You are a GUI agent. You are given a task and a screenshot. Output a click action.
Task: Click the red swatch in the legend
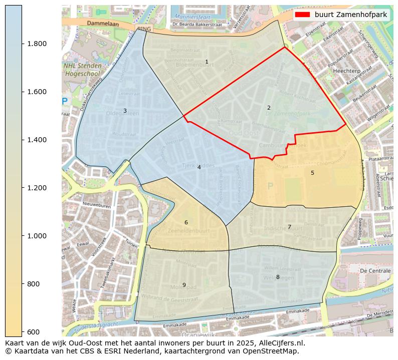point(302,15)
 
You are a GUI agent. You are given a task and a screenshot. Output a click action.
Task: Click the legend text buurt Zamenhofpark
point(351,15)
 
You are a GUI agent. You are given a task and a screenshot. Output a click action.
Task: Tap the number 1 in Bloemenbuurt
point(207,62)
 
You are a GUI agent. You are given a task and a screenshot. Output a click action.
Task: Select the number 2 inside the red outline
point(269,108)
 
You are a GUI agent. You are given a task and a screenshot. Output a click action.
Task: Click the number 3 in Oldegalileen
point(125,111)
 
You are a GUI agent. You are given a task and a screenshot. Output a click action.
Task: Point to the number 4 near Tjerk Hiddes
point(199,167)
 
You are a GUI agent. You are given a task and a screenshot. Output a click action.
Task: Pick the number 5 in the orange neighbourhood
point(312,173)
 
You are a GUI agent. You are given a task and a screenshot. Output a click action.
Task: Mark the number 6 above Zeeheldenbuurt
point(186,222)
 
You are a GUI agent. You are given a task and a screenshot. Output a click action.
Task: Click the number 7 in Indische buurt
point(289,227)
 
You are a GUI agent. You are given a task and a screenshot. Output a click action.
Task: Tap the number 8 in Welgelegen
point(278,277)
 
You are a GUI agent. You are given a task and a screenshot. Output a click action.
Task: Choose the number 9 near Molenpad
point(184,285)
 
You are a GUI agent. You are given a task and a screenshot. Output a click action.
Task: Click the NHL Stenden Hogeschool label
point(83,70)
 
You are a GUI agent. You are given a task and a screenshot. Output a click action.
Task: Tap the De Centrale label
point(375,270)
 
